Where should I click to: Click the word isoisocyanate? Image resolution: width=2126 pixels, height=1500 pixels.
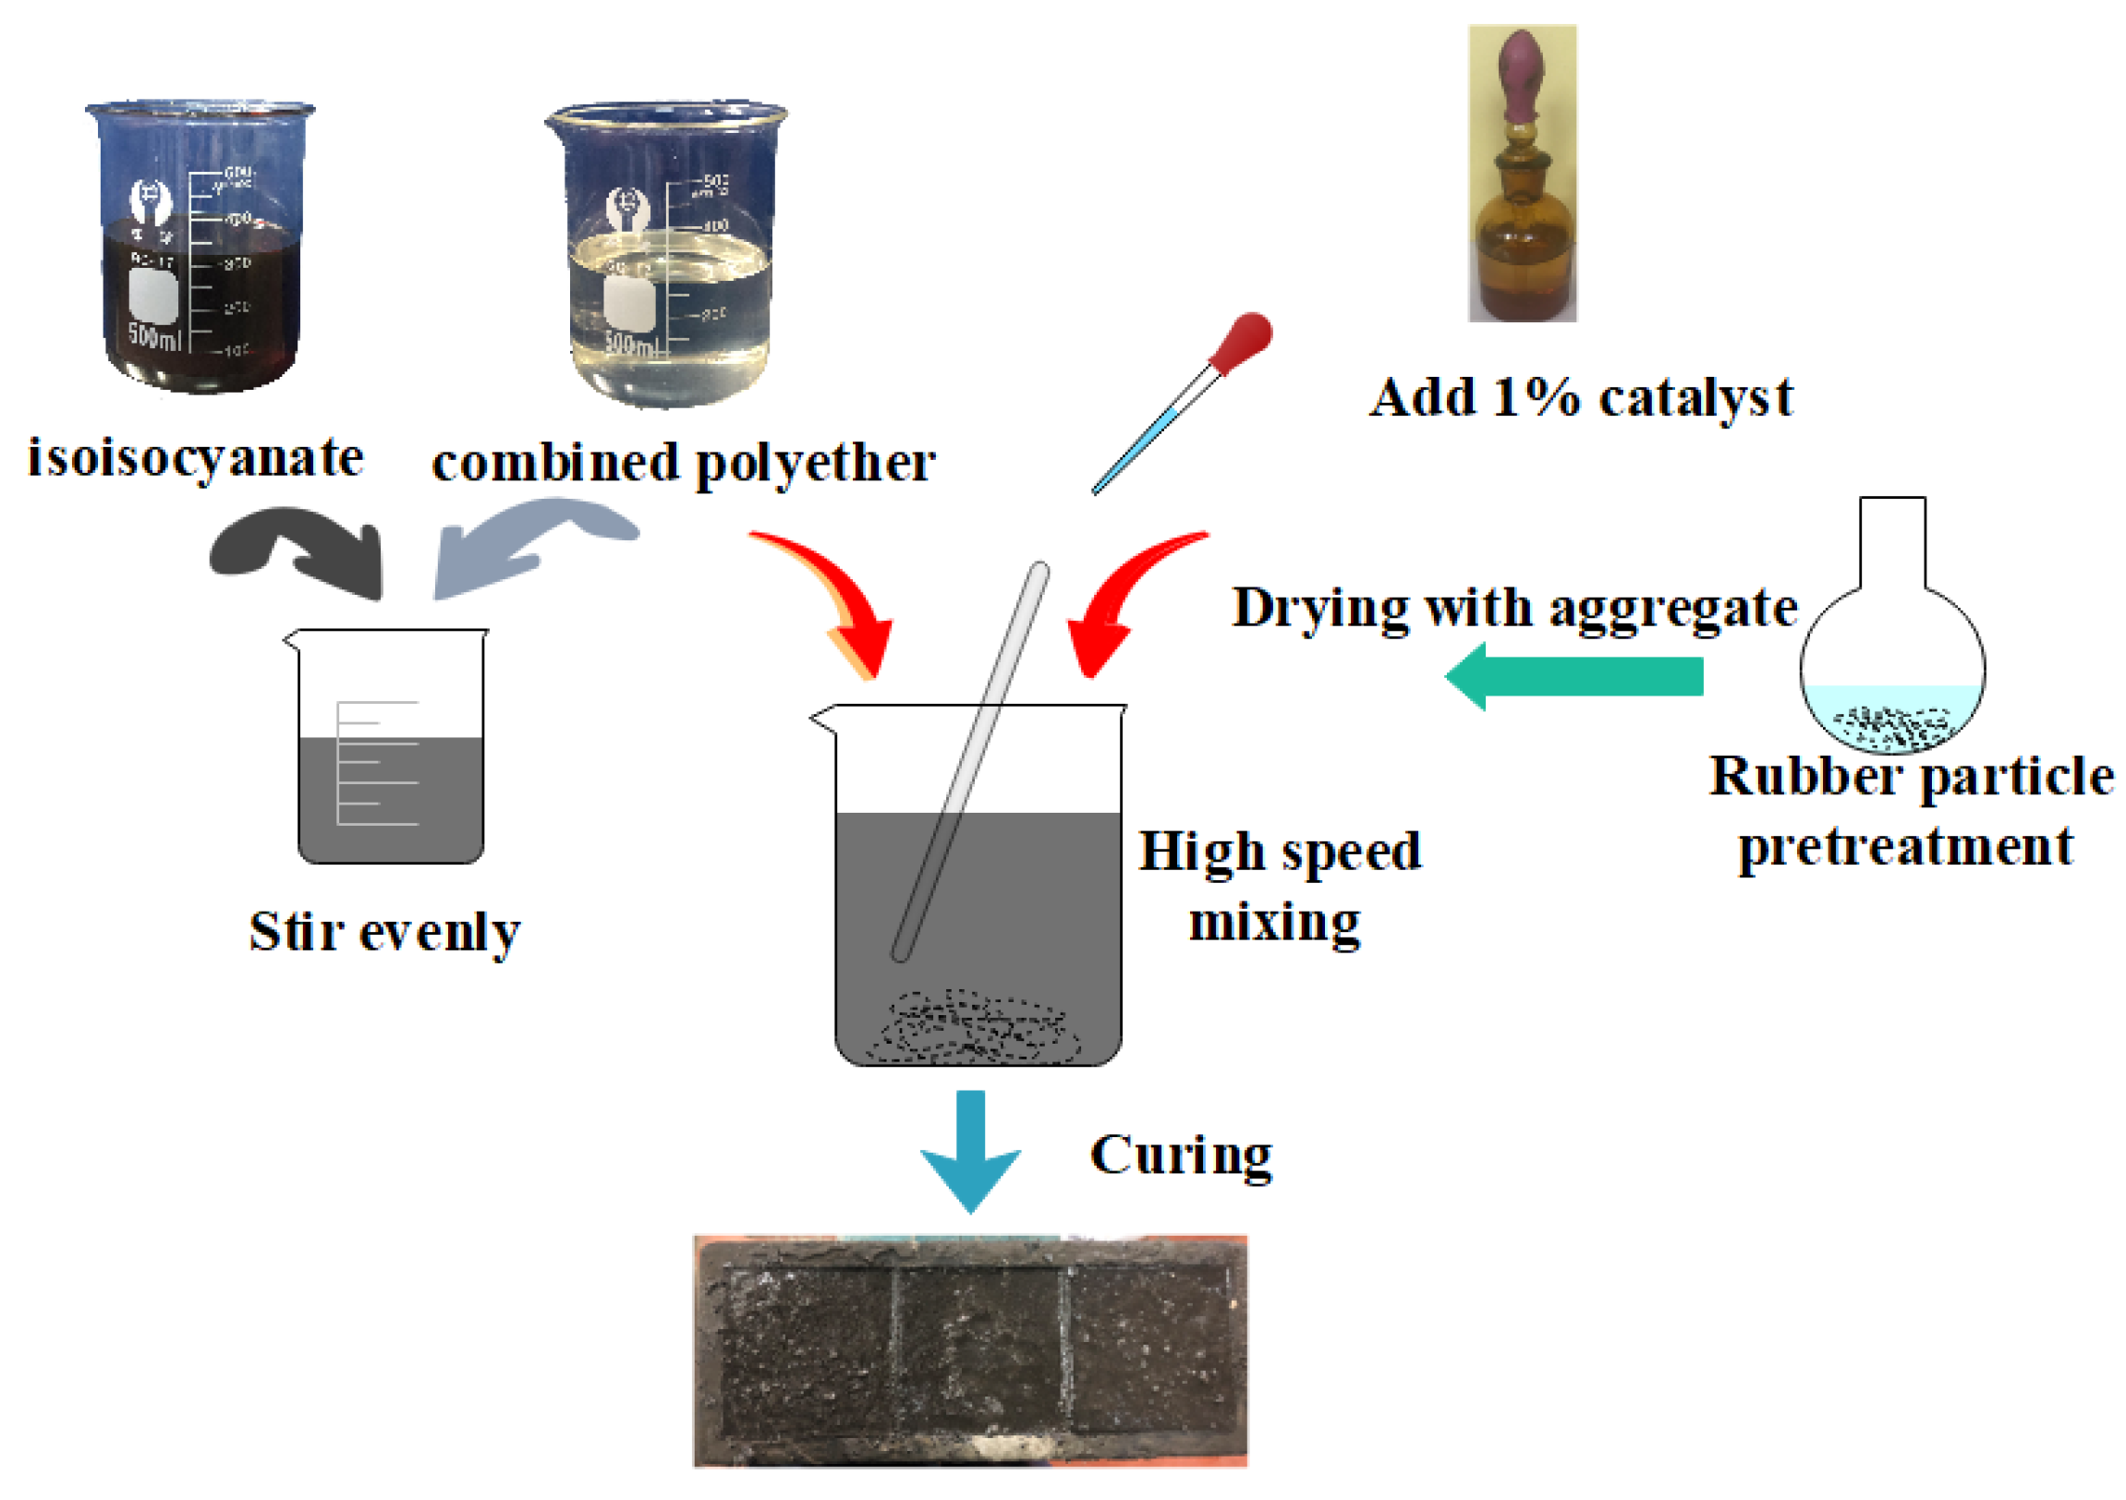click(x=195, y=459)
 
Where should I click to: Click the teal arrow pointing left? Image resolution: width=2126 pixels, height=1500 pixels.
click(x=1574, y=676)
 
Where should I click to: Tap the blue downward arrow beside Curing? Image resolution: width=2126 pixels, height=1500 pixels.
click(x=970, y=1148)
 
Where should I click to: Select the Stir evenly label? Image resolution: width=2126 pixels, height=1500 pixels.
click(x=384, y=933)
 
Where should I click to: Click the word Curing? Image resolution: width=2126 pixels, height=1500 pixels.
click(x=1181, y=1155)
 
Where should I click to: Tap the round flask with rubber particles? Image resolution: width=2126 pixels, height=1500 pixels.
click(x=1892, y=667)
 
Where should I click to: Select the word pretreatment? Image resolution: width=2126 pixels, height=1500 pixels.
click(x=1905, y=848)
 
